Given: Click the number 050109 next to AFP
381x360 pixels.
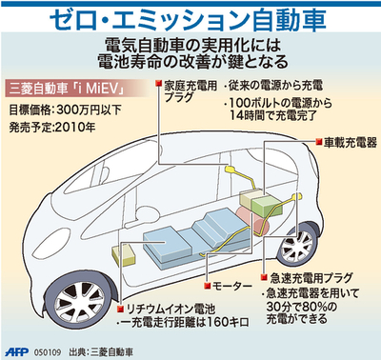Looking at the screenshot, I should pos(49,350).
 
